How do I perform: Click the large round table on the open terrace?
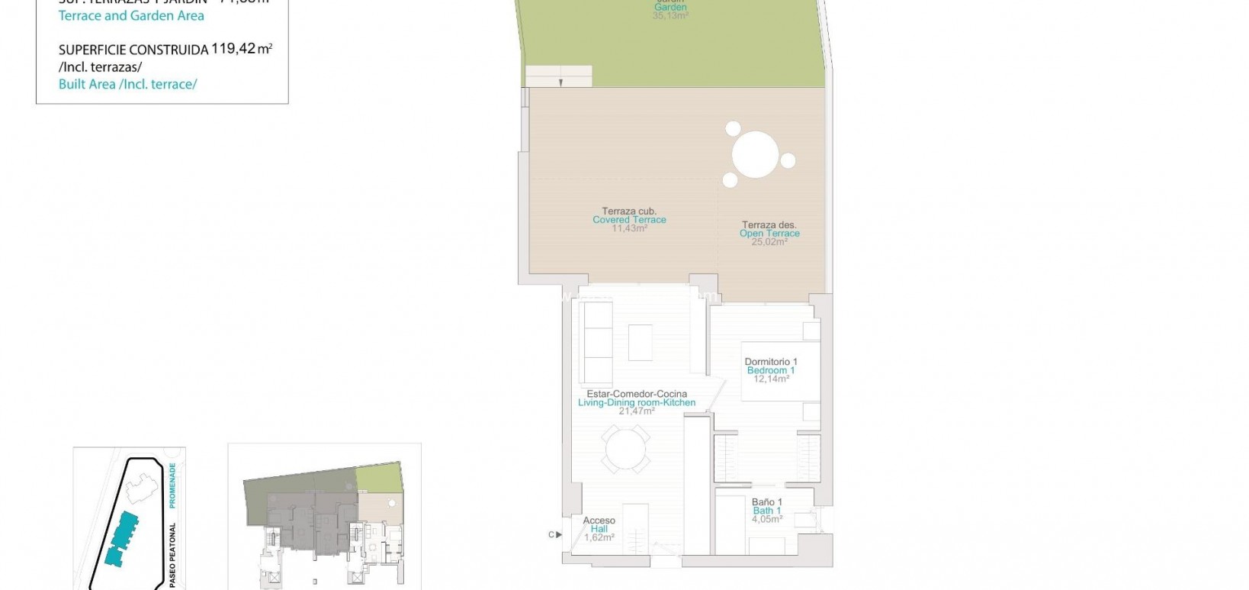pyautogui.click(x=755, y=155)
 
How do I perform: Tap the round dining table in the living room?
pyautogui.click(x=625, y=449)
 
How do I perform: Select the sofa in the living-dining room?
pyautogui.click(x=596, y=343)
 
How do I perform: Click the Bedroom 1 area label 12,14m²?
pyautogui.click(x=771, y=379)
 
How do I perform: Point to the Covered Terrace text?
pyautogui.click(x=629, y=220)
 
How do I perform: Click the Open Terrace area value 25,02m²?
pyautogui.click(x=769, y=242)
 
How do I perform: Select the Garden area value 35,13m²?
pyautogui.click(x=670, y=15)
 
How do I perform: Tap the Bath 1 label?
pyautogui.click(x=766, y=511)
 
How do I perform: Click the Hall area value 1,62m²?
pyautogui.click(x=599, y=537)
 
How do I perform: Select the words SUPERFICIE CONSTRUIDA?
pyautogui.click(x=133, y=50)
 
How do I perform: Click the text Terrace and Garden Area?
pyautogui.click(x=131, y=15)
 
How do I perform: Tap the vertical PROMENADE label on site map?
pyautogui.click(x=173, y=485)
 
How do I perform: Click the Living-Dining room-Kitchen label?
pyautogui.click(x=637, y=402)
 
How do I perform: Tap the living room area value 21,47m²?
pyautogui.click(x=637, y=411)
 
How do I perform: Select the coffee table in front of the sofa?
pyautogui.click(x=640, y=343)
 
